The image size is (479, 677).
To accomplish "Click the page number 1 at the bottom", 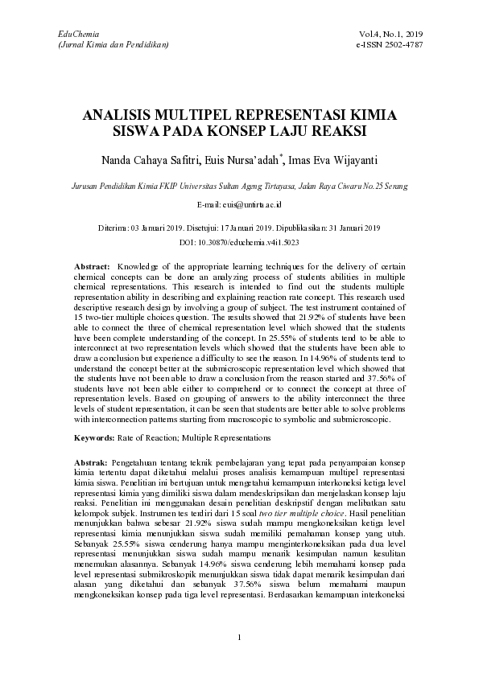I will (x=240, y=638).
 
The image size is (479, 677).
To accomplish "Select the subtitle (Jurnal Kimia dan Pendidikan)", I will (x=109, y=44).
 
